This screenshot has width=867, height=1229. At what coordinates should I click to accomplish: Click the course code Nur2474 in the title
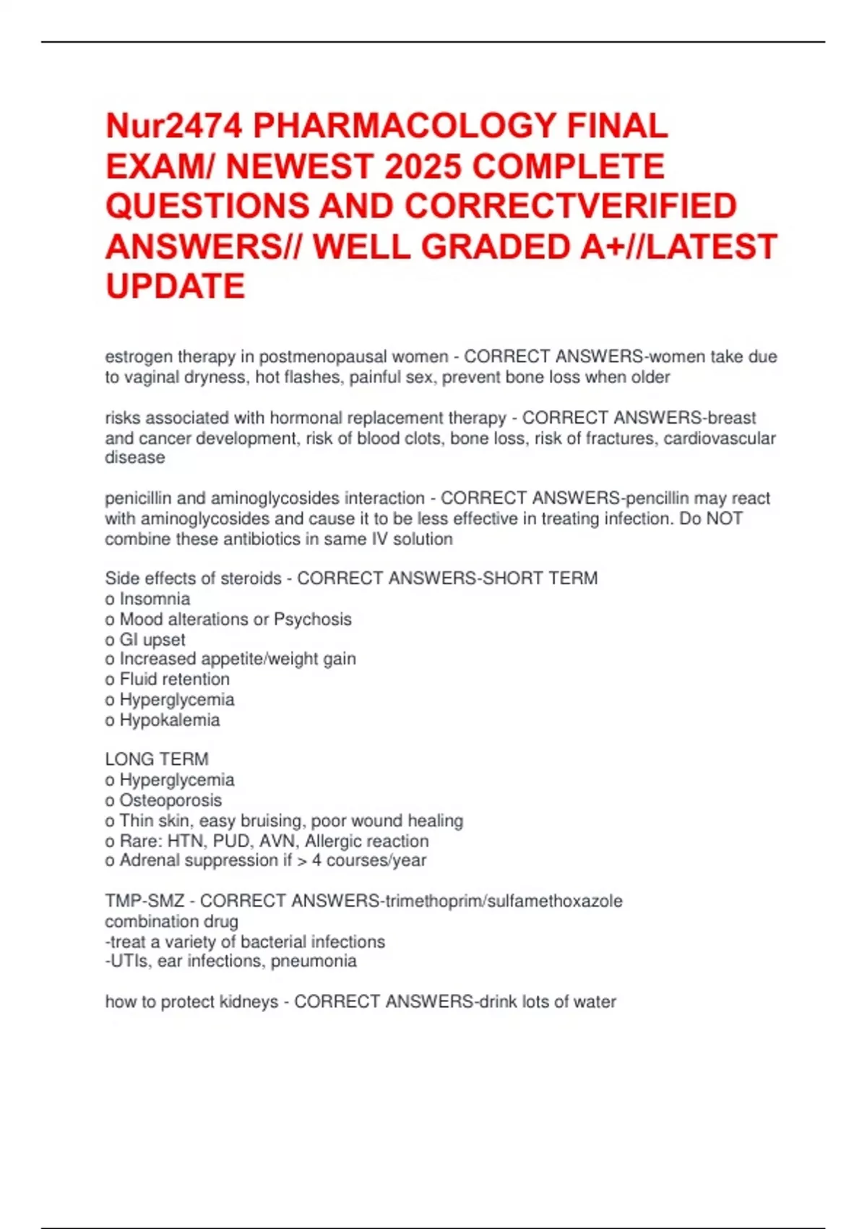pyautogui.click(x=173, y=127)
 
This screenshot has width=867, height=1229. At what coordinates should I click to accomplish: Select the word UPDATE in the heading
pyautogui.click(x=175, y=286)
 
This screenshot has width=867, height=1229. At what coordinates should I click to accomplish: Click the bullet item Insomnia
pyautogui.click(x=155, y=599)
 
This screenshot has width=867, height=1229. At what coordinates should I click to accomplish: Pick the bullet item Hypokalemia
pyautogui.click(x=169, y=720)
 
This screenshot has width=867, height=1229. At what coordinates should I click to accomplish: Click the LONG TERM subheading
pyautogui.click(x=157, y=759)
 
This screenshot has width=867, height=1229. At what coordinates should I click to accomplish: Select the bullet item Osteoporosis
pyautogui.click(x=171, y=800)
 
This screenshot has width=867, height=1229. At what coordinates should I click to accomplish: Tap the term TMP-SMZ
pyautogui.click(x=144, y=902)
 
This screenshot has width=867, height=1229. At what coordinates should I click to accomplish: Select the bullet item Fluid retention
pyautogui.click(x=174, y=680)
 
